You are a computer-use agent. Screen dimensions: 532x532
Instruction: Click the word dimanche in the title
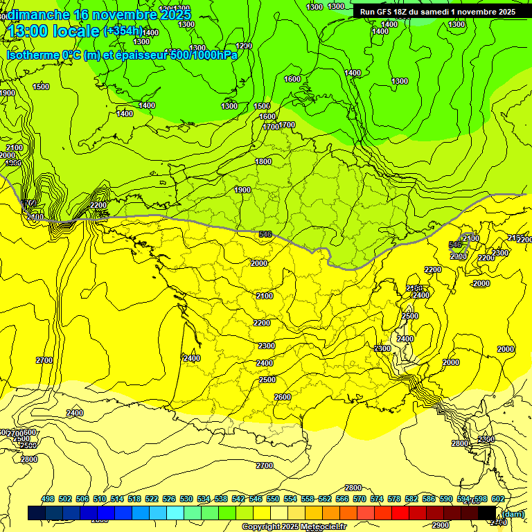38,14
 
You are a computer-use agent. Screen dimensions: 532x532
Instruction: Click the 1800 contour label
263,161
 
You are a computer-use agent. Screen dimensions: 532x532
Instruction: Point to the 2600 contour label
283,397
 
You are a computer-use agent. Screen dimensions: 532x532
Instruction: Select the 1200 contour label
244,46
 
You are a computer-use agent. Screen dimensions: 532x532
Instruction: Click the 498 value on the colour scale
48,499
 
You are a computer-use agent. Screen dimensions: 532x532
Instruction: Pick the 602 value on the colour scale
498,499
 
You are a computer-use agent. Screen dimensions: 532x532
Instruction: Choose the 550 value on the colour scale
273,499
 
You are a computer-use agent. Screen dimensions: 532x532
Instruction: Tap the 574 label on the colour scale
377,499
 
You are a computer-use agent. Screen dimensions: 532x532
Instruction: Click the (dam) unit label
513,513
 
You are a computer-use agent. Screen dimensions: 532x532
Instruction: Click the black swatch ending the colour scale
488,513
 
